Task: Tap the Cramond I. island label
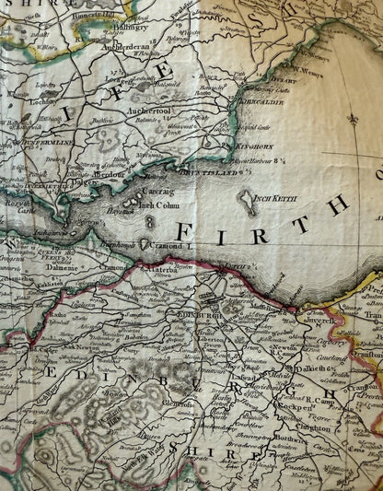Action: (171, 247)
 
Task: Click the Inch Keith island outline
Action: (248, 202)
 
